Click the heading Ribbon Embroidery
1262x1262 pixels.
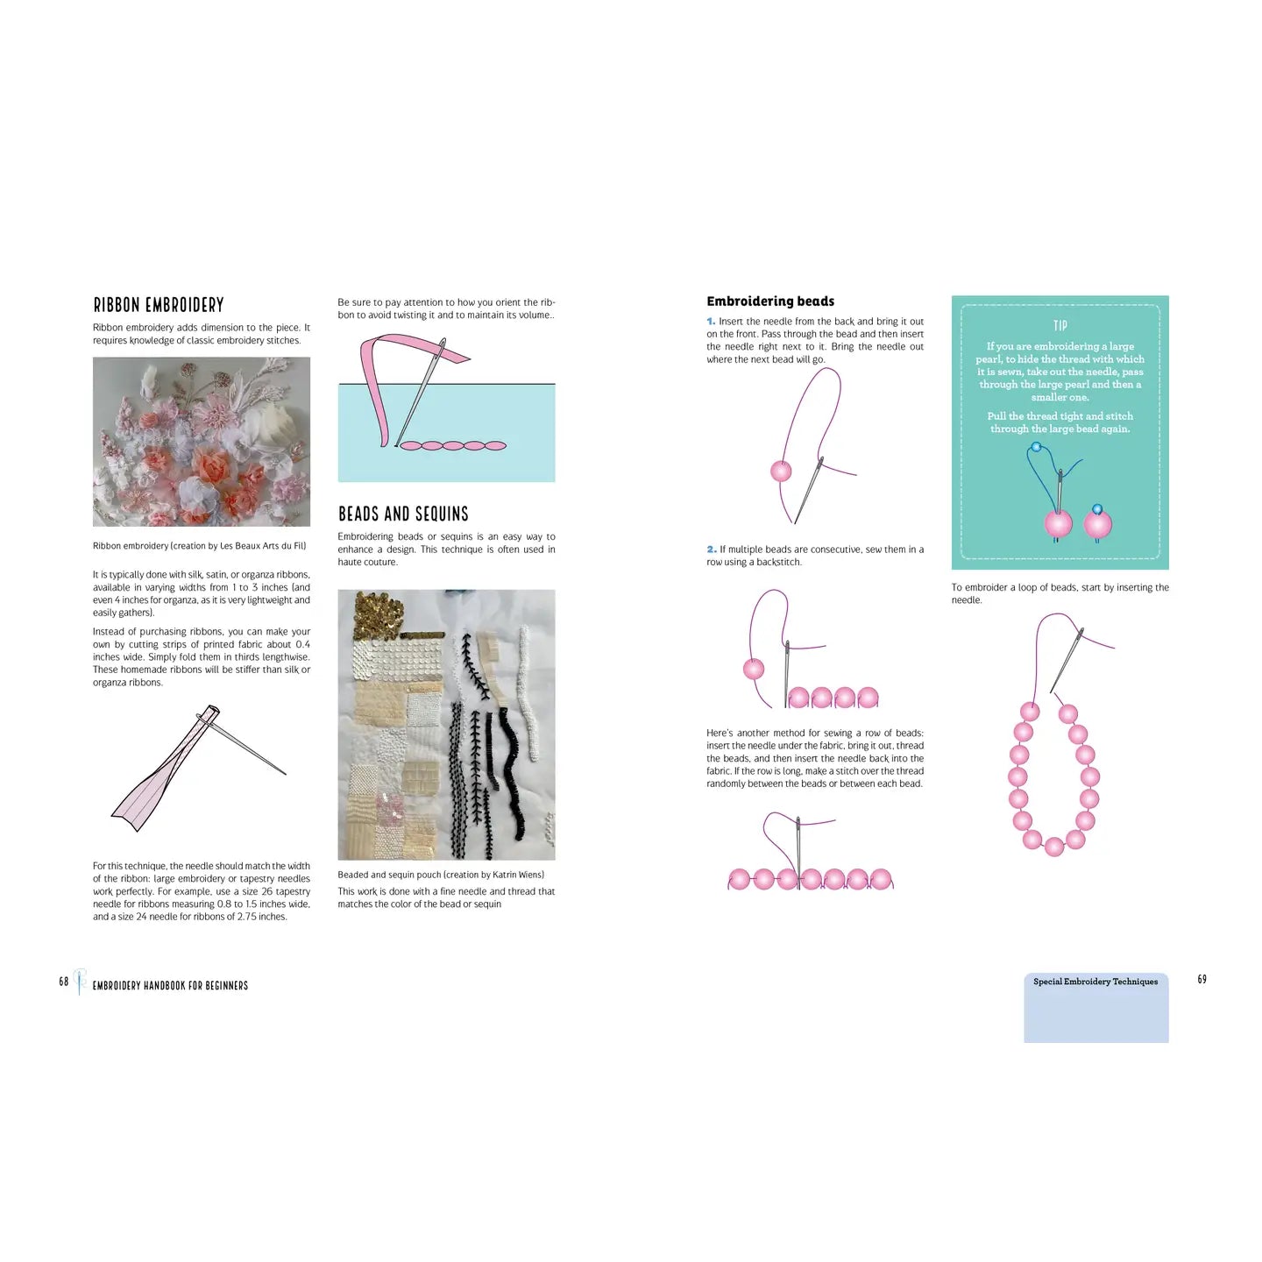[159, 305]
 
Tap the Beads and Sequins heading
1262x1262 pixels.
[403, 514]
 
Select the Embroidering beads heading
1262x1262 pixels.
[770, 301]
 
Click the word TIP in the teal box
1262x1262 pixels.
[1060, 325]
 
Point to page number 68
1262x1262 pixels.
[64, 981]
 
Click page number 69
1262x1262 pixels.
[1202, 979]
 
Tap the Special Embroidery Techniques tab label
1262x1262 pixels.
[1095, 982]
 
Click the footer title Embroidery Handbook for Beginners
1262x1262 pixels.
[170, 986]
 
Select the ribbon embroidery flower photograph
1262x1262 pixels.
[202, 442]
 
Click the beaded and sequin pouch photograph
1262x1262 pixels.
[446, 725]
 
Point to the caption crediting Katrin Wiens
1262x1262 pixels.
[441, 875]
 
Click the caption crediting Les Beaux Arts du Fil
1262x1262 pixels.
[200, 546]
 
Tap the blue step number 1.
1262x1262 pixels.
[711, 322]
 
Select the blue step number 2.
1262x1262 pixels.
[711, 549]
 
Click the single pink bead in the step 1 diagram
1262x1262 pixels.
[781, 471]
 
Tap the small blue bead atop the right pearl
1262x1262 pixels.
[1097, 509]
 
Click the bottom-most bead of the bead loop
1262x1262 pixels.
[1054, 847]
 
